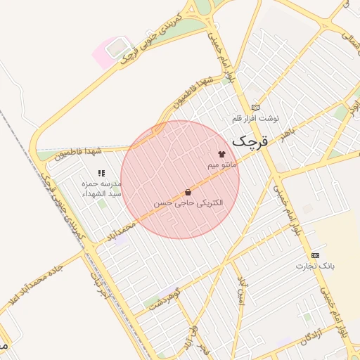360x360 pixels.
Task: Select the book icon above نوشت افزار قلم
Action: [255, 107]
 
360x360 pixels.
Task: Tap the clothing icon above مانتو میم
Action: [222, 153]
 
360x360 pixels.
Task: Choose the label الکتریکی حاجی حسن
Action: [188, 202]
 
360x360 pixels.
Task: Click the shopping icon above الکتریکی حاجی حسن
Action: [188, 192]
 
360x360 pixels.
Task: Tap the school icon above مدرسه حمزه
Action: [102, 173]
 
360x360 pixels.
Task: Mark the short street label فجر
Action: [203, 349]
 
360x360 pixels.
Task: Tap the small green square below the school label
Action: [103, 204]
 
